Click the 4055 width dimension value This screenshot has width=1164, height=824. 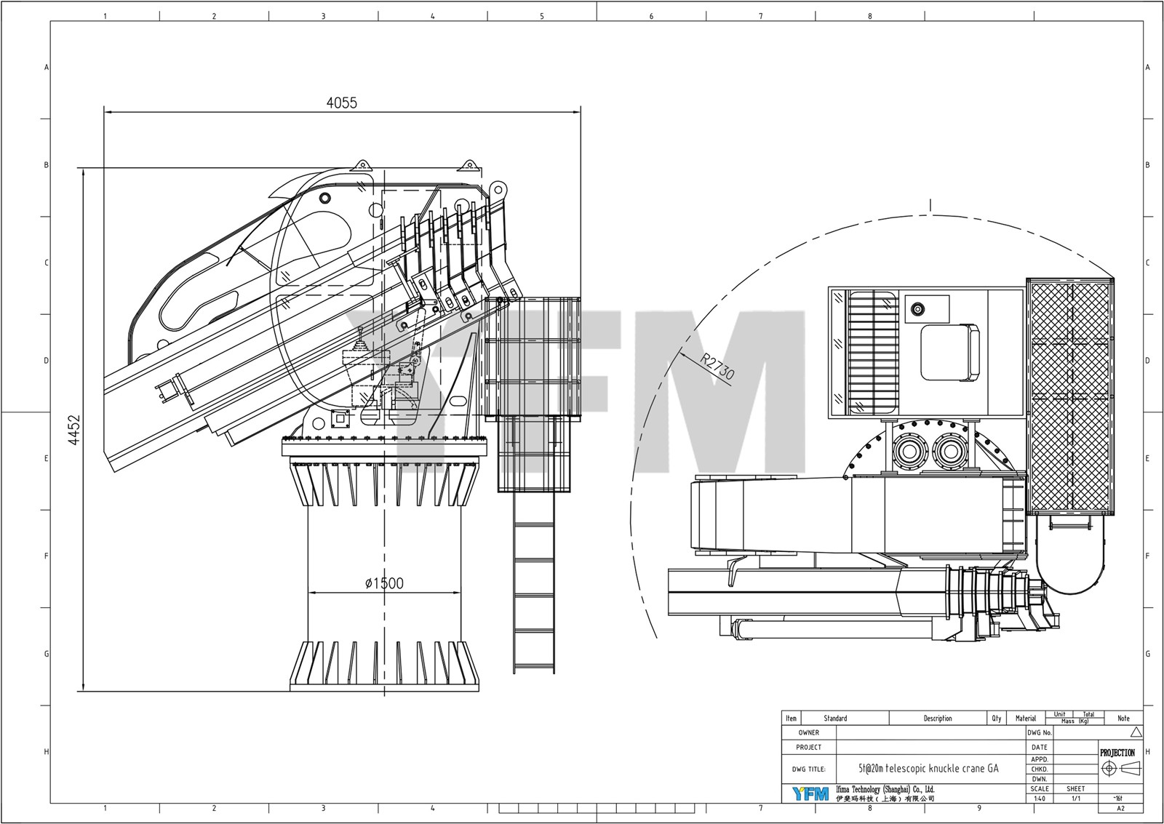[x=341, y=103]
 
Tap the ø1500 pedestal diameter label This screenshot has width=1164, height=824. [x=383, y=583]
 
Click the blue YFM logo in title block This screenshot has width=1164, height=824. [x=810, y=793]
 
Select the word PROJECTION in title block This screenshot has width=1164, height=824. [x=1117, y=753]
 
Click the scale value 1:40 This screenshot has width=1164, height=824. [x=1039, y=799]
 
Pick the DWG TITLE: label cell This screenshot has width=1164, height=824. [x=808, y=768]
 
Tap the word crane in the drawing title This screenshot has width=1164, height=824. [x=968, y=768]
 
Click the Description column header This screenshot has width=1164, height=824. [x=937, y=719]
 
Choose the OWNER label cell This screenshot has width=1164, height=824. [x=808, y=733]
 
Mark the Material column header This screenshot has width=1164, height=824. [x=1026, y=719]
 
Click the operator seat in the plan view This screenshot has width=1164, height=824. [x=949, y=353]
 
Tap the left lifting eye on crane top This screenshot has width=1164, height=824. [x=361, y=166]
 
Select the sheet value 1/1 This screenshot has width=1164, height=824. [x=1075, y=799]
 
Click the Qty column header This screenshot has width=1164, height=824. [x=996, y=719]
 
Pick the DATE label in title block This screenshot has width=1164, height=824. [x=1039, y=747]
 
